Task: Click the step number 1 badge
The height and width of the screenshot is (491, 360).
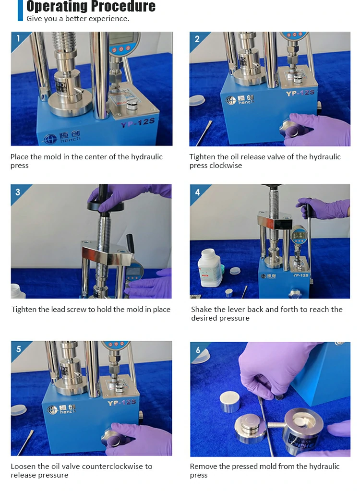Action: pos(18,38)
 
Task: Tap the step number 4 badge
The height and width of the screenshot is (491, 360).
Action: pos(197,192)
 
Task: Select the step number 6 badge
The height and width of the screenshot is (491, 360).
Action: pos(198,350)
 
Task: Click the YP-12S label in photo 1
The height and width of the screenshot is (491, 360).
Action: pos(138,122)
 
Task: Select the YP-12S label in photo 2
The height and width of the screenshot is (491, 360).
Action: pos(300,93)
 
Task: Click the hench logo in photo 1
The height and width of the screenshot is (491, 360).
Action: pos(62,137)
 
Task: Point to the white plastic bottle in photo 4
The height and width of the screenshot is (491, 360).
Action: pos(210,268)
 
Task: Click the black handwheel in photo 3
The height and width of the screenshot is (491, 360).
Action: pos(106,206)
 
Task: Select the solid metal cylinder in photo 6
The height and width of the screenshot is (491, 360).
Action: pos(229,401)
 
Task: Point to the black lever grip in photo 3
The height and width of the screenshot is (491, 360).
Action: pos(131,244)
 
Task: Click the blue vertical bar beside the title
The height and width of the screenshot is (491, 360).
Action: pos(20,11)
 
